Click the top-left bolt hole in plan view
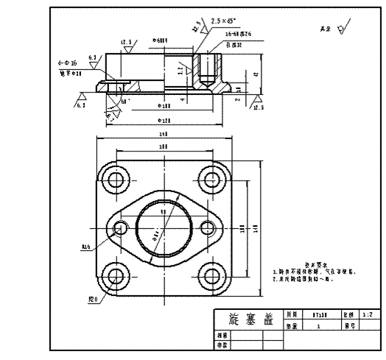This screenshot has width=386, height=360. coord(113,179)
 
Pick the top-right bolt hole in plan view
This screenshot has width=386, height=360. coord(213,179)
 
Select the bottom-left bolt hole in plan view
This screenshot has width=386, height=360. coord(113,277)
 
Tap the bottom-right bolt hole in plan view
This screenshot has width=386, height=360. coord(213,277)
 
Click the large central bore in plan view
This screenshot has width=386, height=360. coord(163,228)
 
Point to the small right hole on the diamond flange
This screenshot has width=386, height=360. coord(208,228)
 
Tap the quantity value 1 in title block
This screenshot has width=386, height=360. coord(319,324)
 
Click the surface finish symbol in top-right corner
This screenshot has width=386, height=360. coord(341,30)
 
